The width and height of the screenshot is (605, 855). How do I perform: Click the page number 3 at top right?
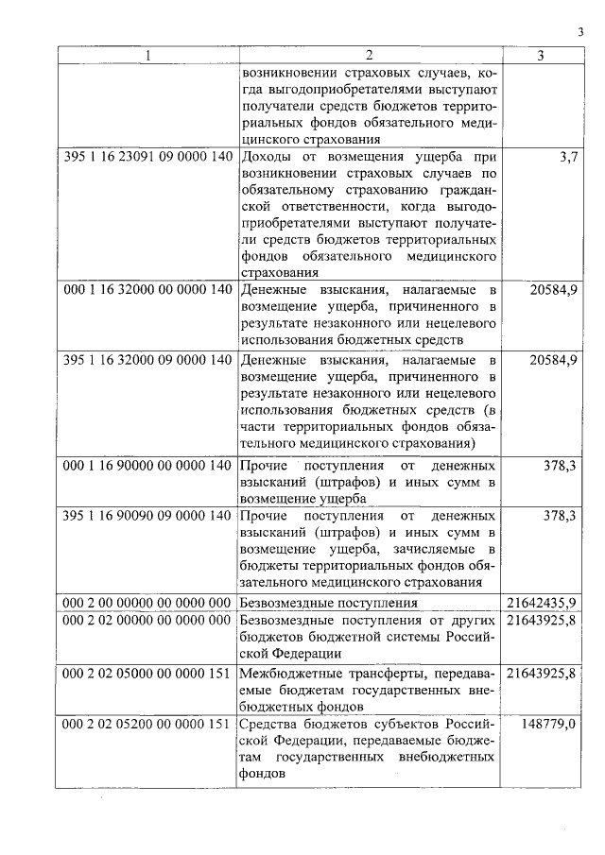pos(580,34)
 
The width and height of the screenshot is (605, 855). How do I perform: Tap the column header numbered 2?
pos(370,56)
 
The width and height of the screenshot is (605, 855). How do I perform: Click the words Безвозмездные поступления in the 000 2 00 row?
pos(329,602)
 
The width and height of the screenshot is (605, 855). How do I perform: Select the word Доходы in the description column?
pos(268,156)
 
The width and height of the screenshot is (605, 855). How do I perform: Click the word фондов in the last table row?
pos(262,775)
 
